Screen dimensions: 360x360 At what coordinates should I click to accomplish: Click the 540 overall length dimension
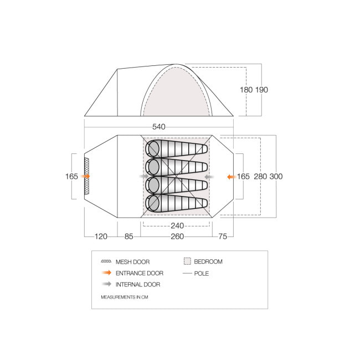tap(159, 127)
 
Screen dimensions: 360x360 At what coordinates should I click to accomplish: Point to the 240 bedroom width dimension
tap(177, 225)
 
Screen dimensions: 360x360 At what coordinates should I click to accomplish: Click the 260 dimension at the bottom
tap(177, 236)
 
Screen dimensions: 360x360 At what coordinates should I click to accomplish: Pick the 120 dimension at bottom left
tap(100, 236)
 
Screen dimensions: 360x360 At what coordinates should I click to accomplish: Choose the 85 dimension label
tap(128, 236)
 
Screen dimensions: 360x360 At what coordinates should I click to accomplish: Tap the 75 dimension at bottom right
tap(223, 236)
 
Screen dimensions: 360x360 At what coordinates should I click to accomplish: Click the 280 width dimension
tap(261, 177)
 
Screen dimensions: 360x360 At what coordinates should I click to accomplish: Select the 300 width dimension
tap(276, 177)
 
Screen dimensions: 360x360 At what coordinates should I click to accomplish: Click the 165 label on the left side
tap(71, 177)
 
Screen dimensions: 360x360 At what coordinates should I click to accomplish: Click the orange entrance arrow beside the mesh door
tap(85, 176)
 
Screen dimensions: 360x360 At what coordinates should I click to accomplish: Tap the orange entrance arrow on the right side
tap(231, 177)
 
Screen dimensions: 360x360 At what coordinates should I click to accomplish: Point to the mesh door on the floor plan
tap(86, 176)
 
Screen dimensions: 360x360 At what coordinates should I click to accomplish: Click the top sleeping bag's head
tap(153, 148)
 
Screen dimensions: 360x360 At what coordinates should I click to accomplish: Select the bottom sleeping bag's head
tap(153, 203)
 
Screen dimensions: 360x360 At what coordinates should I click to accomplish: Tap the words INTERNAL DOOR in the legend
tap(138, 285)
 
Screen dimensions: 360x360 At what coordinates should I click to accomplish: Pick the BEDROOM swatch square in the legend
tap(187, 261)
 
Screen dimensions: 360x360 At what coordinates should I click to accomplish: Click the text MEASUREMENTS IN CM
tap(124, 297)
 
